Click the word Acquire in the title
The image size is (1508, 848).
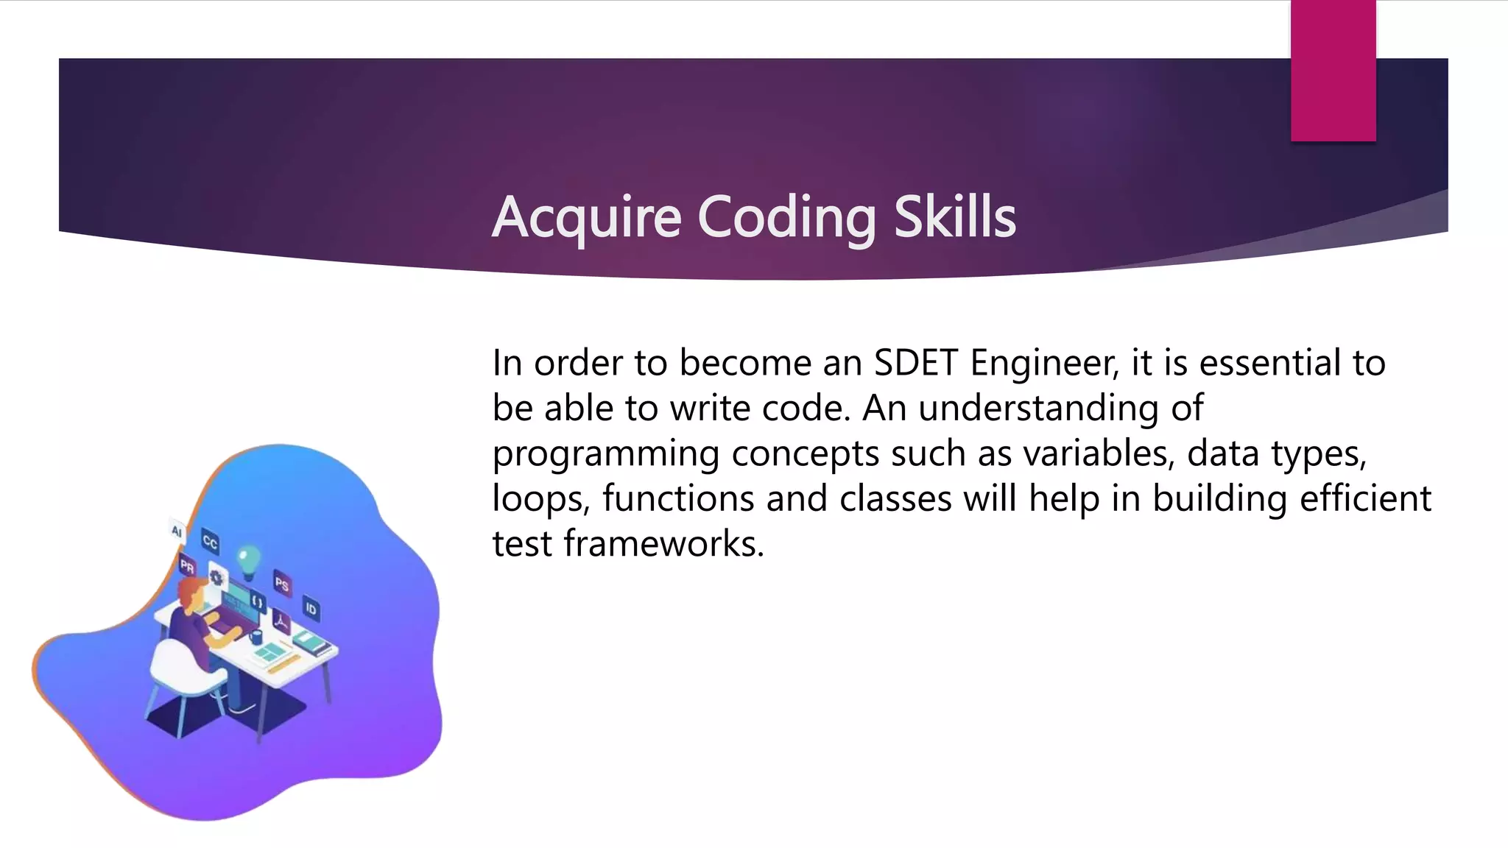coord(586,217)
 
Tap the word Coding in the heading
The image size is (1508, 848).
coord(786,217)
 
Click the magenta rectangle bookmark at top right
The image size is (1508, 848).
coord(1333,70)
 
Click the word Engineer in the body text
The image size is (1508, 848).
coord(1044,363)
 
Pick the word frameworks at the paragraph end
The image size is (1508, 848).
coord(663,544)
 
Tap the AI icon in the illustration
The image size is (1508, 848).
coord(177,531)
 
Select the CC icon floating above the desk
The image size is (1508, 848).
coord(210,543)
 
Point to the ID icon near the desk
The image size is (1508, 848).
coord(311,609)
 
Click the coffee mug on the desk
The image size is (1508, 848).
coord(256,635)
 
